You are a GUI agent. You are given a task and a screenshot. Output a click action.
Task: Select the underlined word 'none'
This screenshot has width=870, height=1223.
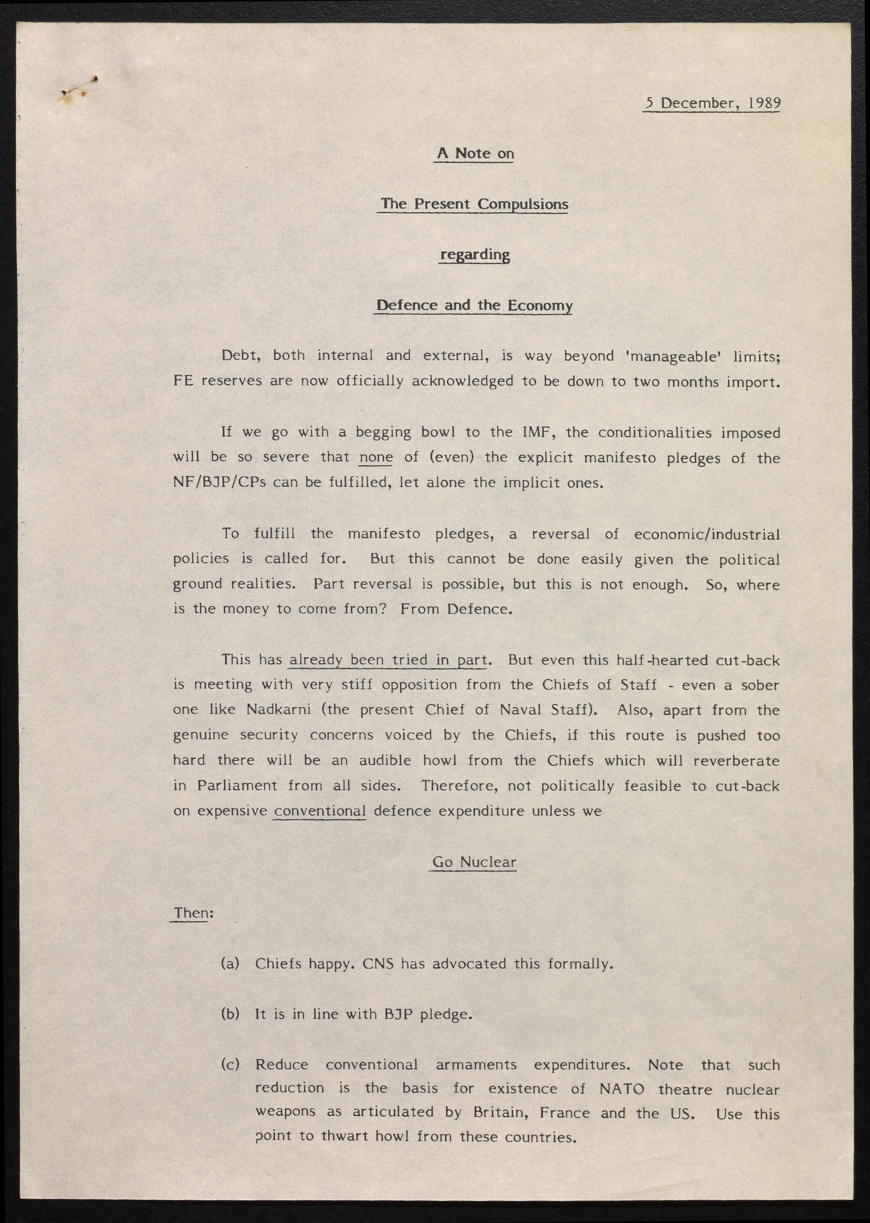[x=376, y=457]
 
